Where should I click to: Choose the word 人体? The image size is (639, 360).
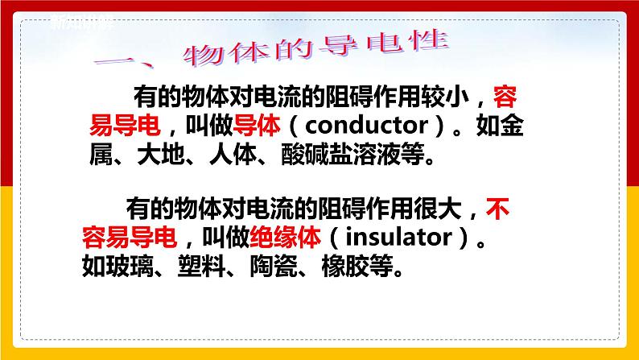tap(235, 153)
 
